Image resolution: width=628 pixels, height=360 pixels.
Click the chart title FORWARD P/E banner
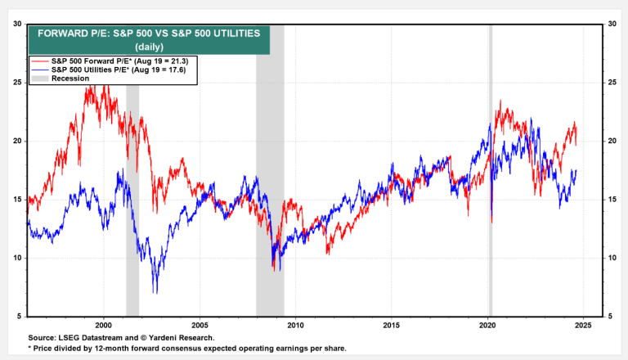(148, 34)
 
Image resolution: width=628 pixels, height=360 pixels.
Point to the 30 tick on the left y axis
(16, 24)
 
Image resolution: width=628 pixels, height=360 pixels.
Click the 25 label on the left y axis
(16, 83)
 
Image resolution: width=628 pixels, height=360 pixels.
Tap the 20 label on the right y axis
(611, 141)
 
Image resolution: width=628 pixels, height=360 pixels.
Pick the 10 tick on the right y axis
(611, 258)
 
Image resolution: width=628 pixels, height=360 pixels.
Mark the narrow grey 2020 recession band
(491, 164)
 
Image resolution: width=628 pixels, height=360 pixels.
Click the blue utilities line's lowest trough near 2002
(155, 290)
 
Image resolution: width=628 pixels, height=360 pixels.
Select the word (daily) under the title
(148, 47)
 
